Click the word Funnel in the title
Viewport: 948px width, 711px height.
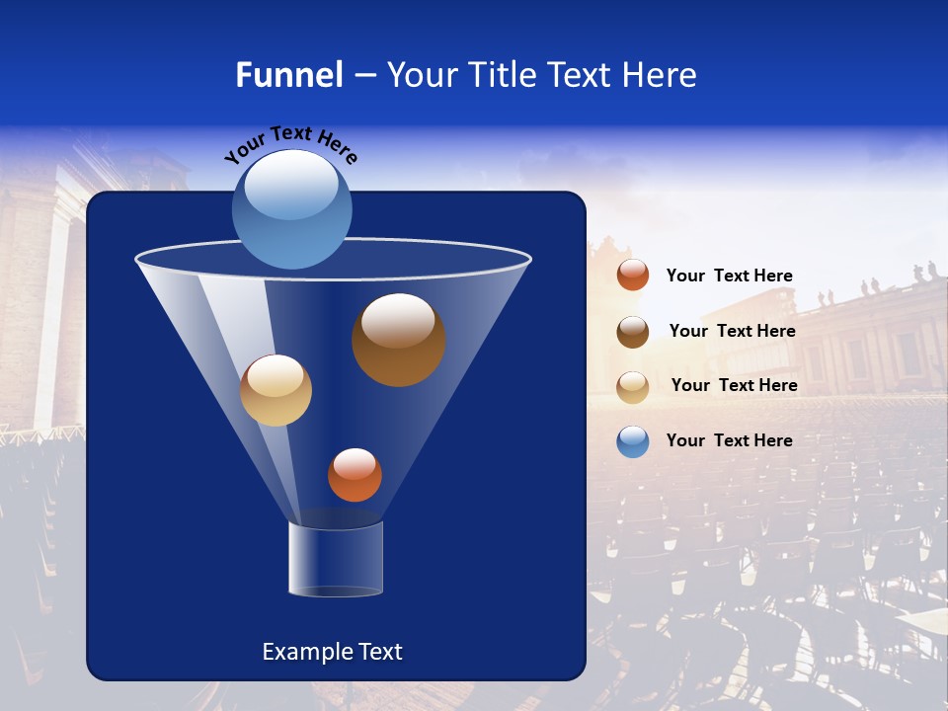pyautogui.click(x=289, y=75)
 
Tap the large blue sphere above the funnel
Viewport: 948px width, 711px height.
pyautogui.click(x=292, y=209)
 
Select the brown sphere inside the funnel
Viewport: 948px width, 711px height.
pyautogui.click(x=399, y=340)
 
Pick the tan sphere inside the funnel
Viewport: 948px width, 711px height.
pyautogui.click(x=276, y=390)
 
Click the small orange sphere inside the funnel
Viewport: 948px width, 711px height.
pyautogui.click(x=355, y=475)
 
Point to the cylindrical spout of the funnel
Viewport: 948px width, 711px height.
pyautogui.click(x=336, y=559)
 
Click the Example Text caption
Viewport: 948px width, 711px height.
pyautogui.click(x=332, y=652)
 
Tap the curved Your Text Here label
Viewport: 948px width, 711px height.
pyautogui.click(x=291, y=144)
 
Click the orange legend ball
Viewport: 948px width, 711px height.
pyautogui.click(x=633, y=276)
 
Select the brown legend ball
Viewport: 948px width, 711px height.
pyautogui.click(x=633, y=331)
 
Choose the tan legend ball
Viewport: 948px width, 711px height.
pyautogui.click(x=633, y=386)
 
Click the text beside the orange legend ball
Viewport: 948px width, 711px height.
pyautogui.click(x=729, y=276)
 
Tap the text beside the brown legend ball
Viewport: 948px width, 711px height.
pyautogui.click(x=732, y=331)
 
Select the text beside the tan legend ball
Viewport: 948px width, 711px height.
pyautogui.click(x=734, y=385)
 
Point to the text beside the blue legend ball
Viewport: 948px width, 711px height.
pyautogui.click(x=729, y=440)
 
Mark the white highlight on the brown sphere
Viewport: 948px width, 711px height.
pyautogui.click(x=398, y=320)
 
